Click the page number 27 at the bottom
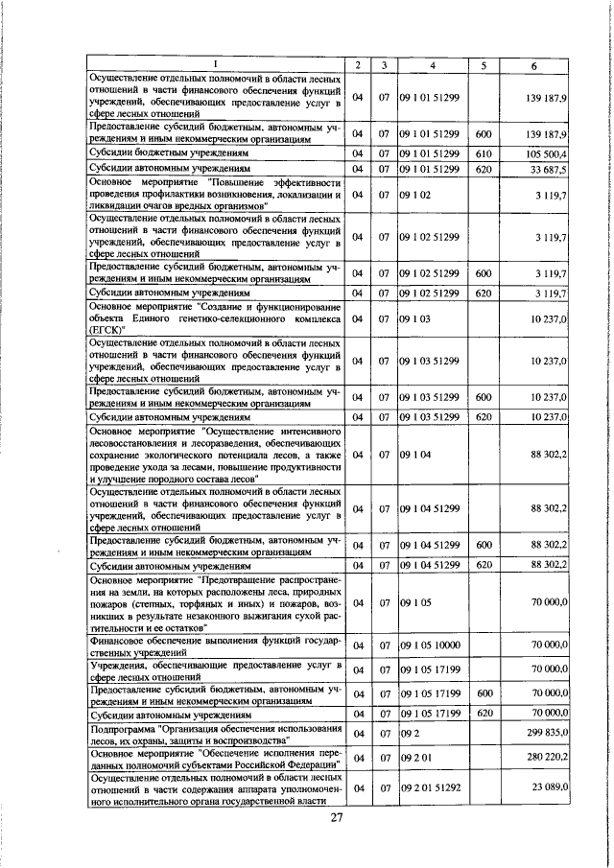coord(337,817)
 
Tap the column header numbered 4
coord(433,64)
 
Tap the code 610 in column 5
coord(484,153)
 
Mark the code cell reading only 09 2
coord(409,733)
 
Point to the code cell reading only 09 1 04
coord(414,455)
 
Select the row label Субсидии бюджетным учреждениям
coord(169,153)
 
